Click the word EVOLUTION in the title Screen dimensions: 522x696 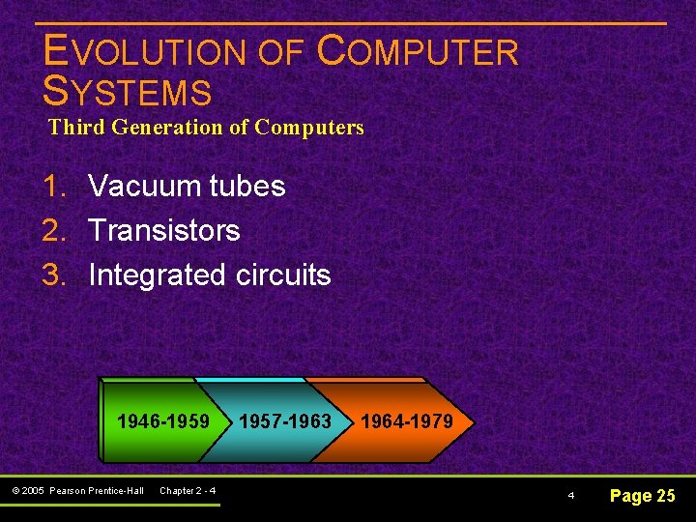point(145,52)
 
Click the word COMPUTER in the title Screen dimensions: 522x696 point(418,52)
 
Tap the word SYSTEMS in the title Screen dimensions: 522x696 point(128,92)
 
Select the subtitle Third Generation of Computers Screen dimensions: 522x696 point(206,127)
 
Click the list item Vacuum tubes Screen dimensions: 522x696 point(187,186)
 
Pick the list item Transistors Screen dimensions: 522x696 point(163,230)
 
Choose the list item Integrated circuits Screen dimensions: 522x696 point(209,275)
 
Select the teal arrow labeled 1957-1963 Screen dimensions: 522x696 point(284,421)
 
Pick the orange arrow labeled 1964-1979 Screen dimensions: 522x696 point(406,421)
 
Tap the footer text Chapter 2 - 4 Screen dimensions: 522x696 point(188,491)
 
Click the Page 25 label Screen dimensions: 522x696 point(642,496)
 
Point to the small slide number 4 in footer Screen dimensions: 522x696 point(570,496)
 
